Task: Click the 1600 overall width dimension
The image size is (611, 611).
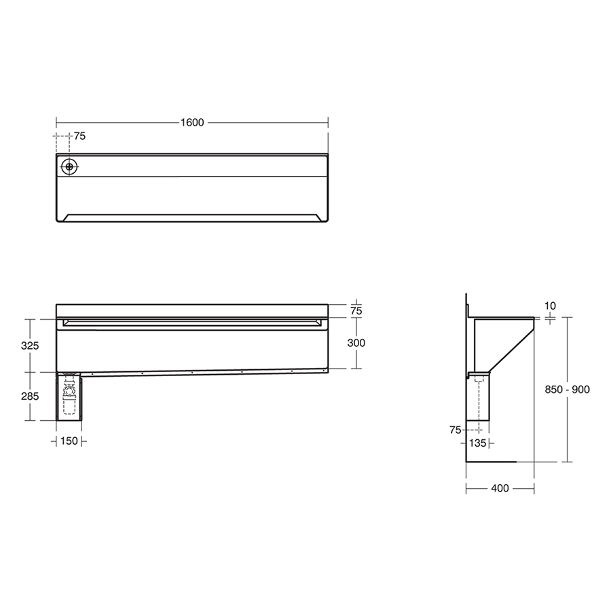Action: [192, 123]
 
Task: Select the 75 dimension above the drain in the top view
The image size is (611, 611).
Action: [79, 136]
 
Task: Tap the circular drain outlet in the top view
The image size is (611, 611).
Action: [69, 166]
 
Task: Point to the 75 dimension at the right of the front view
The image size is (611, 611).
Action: [356, 311]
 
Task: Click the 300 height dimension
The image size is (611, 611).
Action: [356, 343]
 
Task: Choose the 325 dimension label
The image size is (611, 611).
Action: [30, 345]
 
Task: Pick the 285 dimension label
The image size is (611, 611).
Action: [30, 396]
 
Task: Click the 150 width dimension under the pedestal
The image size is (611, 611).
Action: [69, 441]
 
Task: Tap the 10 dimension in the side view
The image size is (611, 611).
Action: [550, 306]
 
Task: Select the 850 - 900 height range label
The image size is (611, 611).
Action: [568, 389]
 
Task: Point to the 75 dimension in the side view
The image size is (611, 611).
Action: [455, 429]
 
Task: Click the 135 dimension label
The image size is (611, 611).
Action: [479, 443]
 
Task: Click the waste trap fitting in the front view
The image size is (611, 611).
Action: [69, 392]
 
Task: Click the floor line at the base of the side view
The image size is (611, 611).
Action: [492, 462]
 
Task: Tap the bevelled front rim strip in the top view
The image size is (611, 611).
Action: [192, 217]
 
